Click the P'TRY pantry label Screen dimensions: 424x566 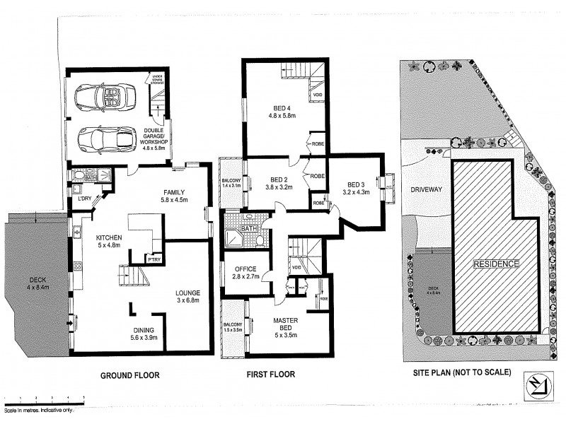tap(153, 259)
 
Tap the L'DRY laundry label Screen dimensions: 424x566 tap(86, 198)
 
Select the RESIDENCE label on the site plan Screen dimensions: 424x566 tap(496, 263)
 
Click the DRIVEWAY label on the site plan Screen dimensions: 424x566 tap(425, 190)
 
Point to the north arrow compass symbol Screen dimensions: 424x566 tap(541, 385)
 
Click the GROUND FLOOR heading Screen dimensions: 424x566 tap(129, 375)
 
